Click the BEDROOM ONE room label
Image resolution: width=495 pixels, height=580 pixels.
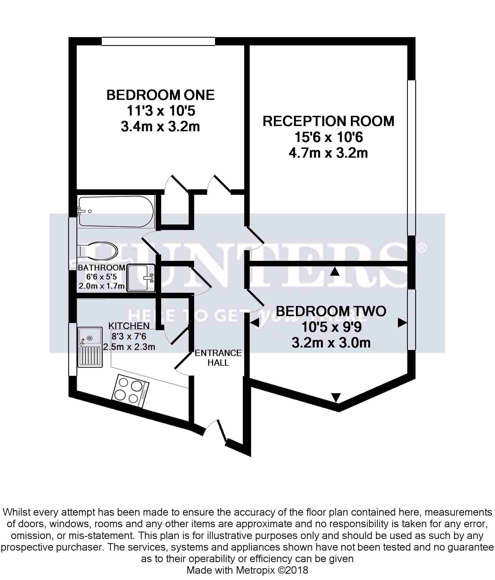(160, 95)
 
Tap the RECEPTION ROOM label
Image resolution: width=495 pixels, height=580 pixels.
(328, 121)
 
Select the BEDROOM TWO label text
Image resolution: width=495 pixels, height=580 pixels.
(331, 311)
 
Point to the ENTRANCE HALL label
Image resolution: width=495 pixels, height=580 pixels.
(218, 358)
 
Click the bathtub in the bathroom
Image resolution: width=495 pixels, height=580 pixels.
(116, 211)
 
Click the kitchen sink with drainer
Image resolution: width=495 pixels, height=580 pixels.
(90, 347)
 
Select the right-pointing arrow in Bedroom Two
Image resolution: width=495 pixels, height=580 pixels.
(402, 323)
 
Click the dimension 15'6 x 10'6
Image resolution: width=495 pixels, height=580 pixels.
(328, 137)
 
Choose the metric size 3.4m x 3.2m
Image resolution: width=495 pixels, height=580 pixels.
(160, 127)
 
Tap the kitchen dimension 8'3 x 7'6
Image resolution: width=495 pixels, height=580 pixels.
(129, 336)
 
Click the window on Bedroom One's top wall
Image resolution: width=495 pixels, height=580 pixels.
(158, 41)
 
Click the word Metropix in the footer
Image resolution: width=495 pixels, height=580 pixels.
(257, 570)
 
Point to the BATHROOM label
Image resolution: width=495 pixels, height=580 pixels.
(101, 268)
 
